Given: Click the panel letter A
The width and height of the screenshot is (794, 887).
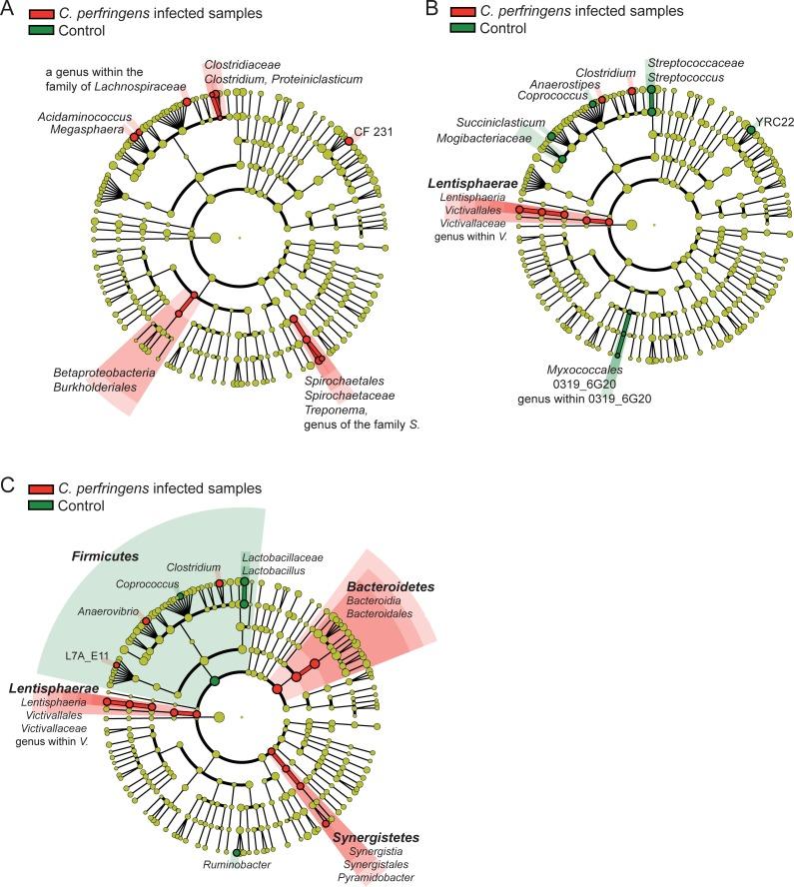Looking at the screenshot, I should [x=9, y=9].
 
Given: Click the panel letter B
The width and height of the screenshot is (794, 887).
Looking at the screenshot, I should [x=431, y=9].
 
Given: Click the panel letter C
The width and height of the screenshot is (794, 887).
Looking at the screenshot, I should [x=9, y=485].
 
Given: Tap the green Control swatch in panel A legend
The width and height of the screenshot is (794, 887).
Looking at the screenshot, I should [x=42, y=30].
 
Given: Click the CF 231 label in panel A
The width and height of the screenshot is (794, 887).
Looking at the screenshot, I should [x=374, y=131].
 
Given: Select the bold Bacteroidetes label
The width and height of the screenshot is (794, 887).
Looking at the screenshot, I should [x=391, y=586].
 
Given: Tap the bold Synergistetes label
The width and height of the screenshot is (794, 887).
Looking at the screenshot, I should [x=375, y=836].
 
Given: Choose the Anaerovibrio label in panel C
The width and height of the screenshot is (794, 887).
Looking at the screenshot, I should [x=105, y=611].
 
